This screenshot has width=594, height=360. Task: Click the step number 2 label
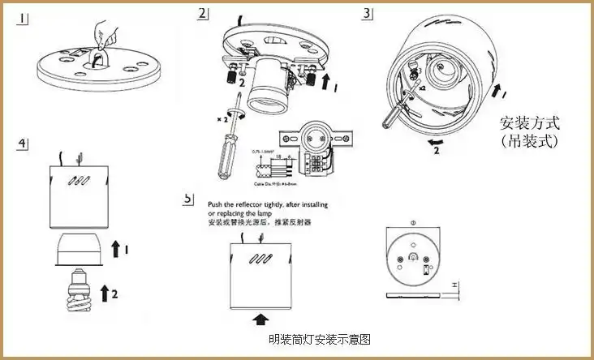202,14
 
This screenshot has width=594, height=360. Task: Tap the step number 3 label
368,14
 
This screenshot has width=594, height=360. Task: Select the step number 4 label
24,144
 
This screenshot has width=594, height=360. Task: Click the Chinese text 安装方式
529,124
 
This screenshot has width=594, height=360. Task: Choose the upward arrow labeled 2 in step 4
105,292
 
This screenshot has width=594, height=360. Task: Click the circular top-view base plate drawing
414,257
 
